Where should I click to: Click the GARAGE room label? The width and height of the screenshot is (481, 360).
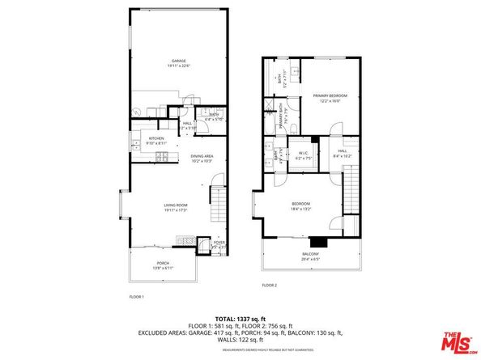(178, 61)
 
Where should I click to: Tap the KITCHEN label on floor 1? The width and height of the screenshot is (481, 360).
(156, 138)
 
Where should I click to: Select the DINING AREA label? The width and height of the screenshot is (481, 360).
(202, 155)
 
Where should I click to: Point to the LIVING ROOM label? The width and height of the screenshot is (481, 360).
(175, 205)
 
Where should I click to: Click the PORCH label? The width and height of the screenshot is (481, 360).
(163, 264)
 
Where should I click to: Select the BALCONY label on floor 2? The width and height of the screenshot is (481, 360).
(310, 254)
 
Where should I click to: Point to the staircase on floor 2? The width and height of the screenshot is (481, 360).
(351, 186)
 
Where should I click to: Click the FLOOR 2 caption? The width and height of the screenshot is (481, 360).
(270, 285)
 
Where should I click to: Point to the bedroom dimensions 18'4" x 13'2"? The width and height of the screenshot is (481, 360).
(300, 210)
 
